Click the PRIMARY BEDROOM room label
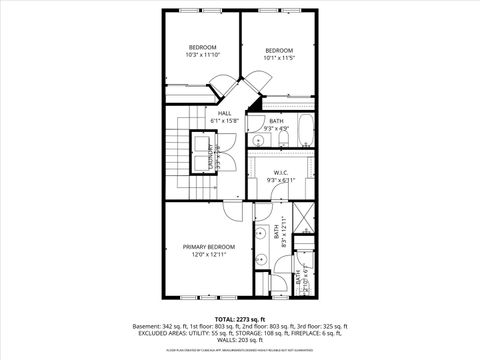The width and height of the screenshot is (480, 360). pyautogui.click(x=208, y=246)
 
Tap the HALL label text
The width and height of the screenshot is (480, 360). pyautogui.click(x=226, y=113)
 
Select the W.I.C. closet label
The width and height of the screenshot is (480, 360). pyautogui.click(x=280, y=172)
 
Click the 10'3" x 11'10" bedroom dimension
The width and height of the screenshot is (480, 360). pyautogui.click(x=203, y=56)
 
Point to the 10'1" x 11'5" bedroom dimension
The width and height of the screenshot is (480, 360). pyautogui.click(x=279, y=58)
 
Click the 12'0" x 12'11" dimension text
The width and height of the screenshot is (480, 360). pyautogui.click(x=208, y=255)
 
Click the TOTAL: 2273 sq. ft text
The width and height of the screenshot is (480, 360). pyautogui.click(x=239, y=319)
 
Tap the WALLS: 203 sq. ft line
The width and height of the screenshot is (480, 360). pyautogui.click(x=239, y=342)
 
